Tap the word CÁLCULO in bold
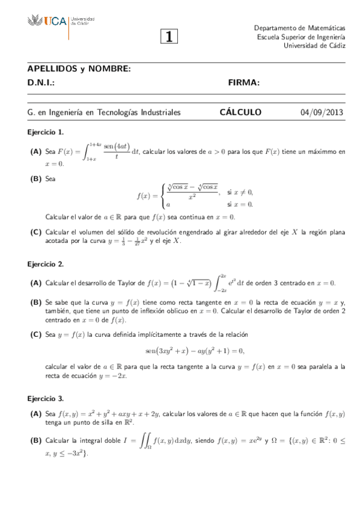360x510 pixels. (x=240, y=112)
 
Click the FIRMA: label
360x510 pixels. (x=243, y=82)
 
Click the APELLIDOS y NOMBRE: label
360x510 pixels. (x=79, y=69)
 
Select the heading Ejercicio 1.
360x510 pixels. (x=46, y=131)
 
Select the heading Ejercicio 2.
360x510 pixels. (x=46, y=263)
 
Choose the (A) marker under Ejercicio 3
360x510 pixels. (x=35, y=414)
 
